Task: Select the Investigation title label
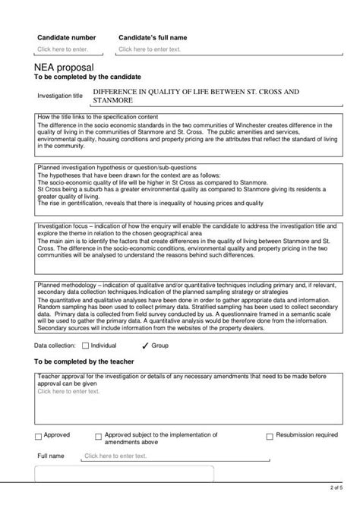pyautogui.click(x=59, y=96)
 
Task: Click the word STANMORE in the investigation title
pyautogui.click(x=112, y=100)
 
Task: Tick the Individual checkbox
pyautogui.click(x=85, y=346)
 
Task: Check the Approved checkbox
pyautogui.click(x=39, y=437)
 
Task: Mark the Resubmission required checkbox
pyautogui.click(x=269, y=437)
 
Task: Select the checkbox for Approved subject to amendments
pyautogui.click(x=98, y=437)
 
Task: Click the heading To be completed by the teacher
pyautogui.click(x=84, y=361)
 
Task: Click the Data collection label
pyautogui.click(x=56, y=346)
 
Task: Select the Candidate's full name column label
pyautogui.click(x=153, y=36)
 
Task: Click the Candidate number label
pyautogui.click(x=67, y=36)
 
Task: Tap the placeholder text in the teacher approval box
pyautogui.click(x=68, y=392)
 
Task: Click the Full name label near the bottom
pyautogui.click(x=51, y=456)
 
